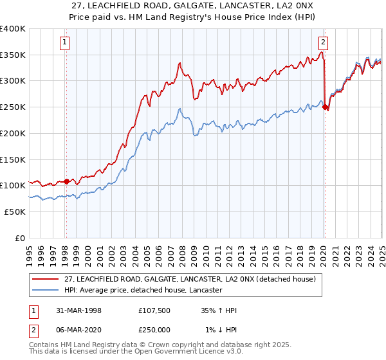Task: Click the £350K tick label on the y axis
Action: click(x=13, y=55)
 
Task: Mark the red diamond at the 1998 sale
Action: click(x=67, y=181)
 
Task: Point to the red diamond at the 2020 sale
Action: click(x=325, y=107)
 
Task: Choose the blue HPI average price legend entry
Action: click(x=143, y=291)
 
